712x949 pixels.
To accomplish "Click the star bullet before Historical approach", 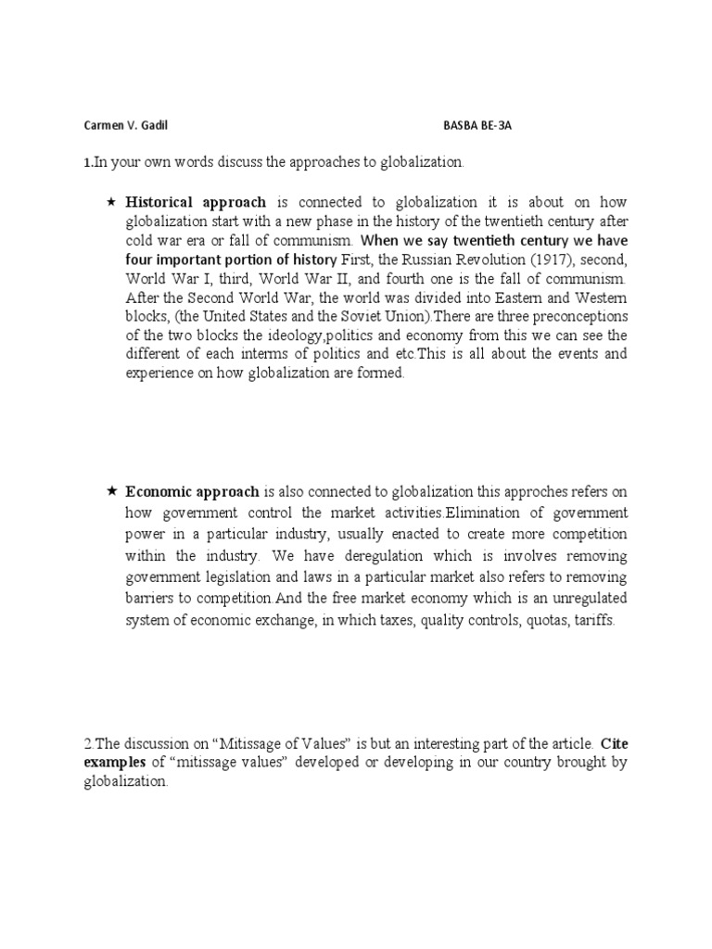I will pos(111,202).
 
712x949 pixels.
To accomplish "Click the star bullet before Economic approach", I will pos(111,491).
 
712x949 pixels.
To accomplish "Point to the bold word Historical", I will pos(159,202).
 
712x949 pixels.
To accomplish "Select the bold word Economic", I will pos(158,491).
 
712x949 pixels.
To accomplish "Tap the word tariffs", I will pos(594,620).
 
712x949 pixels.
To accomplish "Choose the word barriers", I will pos(153,599).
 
